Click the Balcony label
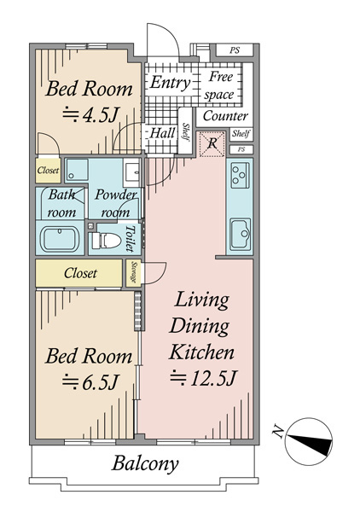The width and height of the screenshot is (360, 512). pos(145,463)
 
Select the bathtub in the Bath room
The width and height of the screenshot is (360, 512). pos(60,238)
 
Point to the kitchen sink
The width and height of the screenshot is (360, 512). pos(241,234)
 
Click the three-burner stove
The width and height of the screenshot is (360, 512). pos(241,175)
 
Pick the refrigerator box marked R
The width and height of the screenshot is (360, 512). pos(212,143)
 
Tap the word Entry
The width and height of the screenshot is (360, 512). pos(171,83)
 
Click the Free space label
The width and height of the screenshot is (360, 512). pos(219,85)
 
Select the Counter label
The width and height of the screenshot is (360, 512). pos(225,116)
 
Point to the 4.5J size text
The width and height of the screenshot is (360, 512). pos(90,114)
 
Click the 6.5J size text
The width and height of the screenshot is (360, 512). pos(90,381)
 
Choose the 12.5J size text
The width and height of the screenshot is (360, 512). pos(204,378)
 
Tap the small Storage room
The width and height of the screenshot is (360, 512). pos(134,273)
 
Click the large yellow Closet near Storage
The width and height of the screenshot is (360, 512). pos(78,273)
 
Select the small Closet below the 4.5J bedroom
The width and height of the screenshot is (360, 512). pos(49,170)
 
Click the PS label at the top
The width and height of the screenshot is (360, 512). pos(235,50)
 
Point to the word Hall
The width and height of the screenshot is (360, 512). pos(162,133)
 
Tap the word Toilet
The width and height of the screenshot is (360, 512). pos(131,238)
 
